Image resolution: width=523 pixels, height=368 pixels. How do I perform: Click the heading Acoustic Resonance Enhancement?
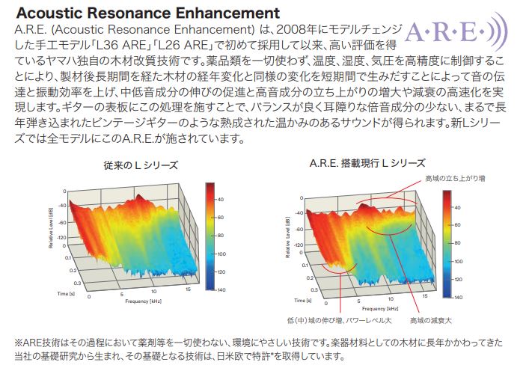(147, 13)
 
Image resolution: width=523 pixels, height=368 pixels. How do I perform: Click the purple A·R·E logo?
(456, 33)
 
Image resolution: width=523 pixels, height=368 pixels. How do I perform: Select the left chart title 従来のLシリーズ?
(141, 165)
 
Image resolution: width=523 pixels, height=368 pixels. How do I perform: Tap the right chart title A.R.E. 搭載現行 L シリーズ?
(367, 163)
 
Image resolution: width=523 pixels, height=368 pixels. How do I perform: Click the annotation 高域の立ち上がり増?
(455, 179)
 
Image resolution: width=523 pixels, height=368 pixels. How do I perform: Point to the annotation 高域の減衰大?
(431, 321)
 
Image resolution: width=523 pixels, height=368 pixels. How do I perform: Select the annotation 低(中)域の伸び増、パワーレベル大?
(339, 321)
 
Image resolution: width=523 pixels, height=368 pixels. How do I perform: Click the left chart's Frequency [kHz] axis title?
(144, 301)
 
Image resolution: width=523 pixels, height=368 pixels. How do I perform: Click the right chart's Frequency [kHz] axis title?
(380, 309)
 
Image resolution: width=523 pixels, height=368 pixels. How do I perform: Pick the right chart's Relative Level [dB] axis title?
(288, 237)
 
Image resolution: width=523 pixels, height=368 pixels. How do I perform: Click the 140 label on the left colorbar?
(221, 290)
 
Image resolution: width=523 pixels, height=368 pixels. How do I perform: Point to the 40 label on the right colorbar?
(457, 207)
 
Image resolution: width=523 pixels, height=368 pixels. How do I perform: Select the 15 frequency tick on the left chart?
(188, 289)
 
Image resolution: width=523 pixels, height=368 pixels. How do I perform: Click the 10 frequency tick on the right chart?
(391, 299)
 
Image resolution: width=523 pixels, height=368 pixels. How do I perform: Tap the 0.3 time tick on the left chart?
(77, 283)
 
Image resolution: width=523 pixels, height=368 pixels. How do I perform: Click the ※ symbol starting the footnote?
(19, 343)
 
